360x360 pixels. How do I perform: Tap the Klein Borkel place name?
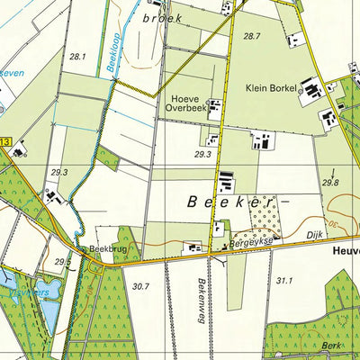tap(270, 88)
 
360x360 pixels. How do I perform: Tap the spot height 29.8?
tap(330, 183)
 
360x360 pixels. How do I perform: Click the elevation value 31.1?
tap(284, 282)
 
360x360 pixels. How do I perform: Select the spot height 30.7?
tap(139, 287)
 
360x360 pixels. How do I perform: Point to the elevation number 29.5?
tap(61, 262)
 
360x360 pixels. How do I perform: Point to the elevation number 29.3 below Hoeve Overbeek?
tap(202, 155)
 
